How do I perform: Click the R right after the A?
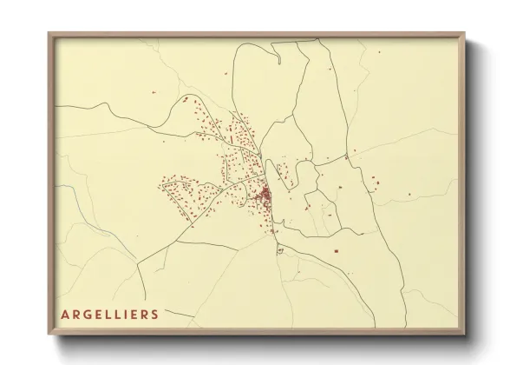[75, 314]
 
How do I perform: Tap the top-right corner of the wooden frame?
[466, 33]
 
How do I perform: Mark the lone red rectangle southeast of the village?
[335, 250]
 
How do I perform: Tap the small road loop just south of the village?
[280, 249]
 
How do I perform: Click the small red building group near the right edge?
[374, 181]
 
